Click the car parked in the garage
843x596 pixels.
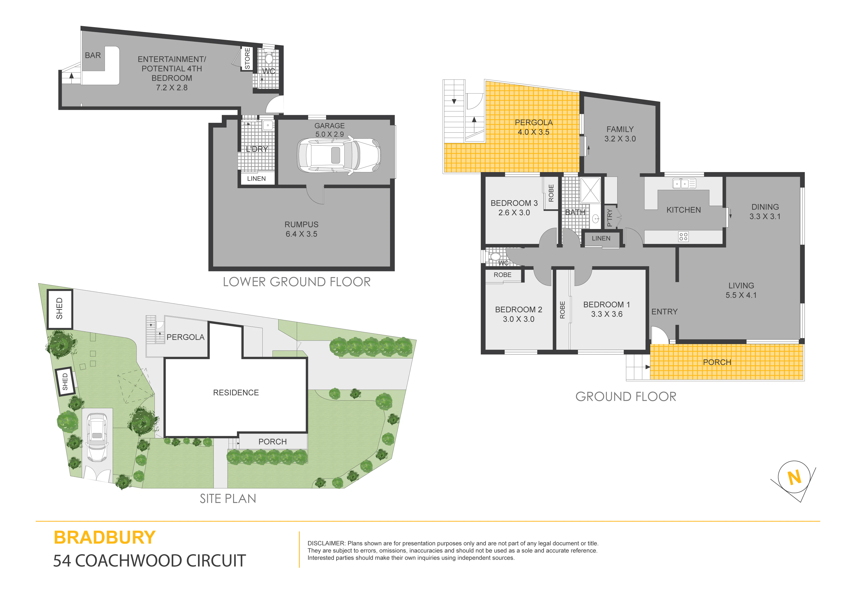pyautogui.click(x=339, y=155)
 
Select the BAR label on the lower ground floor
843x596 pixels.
pyautogui.click(x=93, y=56)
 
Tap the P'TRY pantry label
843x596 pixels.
pyautogui.click(x=609, y=217)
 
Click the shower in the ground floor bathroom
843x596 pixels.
pyautogui.click(x=590, y=190)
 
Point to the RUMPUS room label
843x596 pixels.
pyautogui.click(x=301, y=224)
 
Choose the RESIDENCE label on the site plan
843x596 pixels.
pyautogui.click(x=236, y=392)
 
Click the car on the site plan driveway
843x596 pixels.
pyautogui.click(x=97, y=437)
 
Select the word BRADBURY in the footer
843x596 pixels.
pyautogui.click(x=105, y=537)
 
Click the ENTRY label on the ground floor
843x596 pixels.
pyautogui.click(x=664, y=312)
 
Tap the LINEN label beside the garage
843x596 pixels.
pyautogui.click(x=256, y=179)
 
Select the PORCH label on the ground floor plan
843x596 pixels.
pyautogui.click(x=717, y=362)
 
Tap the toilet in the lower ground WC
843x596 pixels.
pyautogui.click(x=269, y=58)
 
